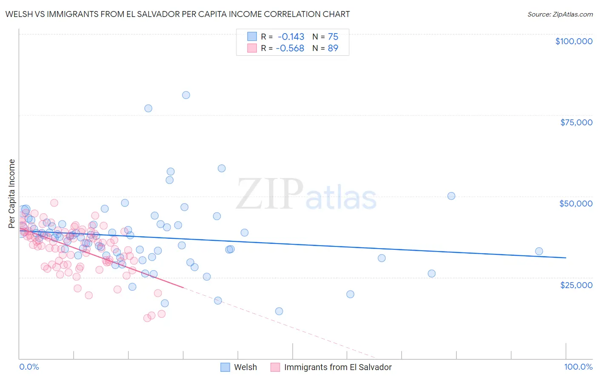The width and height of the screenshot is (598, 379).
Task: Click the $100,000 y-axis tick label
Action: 573,41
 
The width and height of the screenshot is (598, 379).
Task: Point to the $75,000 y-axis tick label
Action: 576,122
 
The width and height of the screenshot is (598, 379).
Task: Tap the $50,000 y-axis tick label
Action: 575,204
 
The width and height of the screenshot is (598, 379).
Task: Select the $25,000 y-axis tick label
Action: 576,285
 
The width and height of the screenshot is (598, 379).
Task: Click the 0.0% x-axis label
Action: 29,367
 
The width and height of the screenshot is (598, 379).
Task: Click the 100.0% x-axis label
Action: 578,367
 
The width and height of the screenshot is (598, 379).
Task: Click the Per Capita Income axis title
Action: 12,193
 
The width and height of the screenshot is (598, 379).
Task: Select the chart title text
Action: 177,14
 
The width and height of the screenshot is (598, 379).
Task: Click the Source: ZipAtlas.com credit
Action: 560,14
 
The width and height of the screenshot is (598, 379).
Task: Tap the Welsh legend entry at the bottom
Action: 245,367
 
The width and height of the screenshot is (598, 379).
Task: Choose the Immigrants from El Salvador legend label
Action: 337,367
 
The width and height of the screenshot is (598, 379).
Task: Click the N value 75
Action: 333,37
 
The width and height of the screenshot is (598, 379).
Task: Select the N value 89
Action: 333,48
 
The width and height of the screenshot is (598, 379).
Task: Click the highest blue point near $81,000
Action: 186,95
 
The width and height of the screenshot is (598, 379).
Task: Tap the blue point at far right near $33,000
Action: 539,251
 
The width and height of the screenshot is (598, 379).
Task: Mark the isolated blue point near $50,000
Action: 451,196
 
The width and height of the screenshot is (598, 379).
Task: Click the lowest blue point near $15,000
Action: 279,311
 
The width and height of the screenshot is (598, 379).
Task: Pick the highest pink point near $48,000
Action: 54,203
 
